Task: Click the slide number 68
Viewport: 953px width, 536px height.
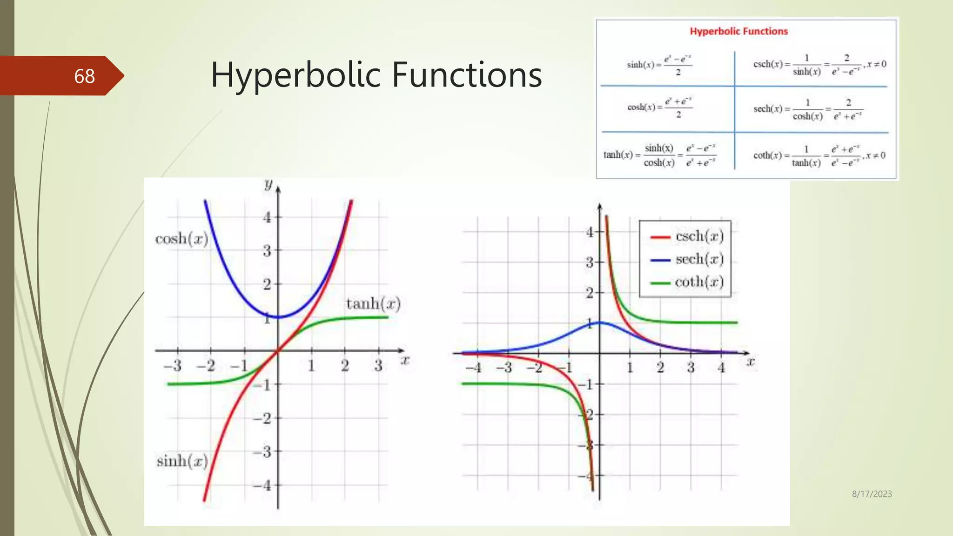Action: [x=84, y=76]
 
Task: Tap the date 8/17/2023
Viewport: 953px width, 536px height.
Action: [x=872, y=494]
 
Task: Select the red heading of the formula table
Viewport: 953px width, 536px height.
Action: [x=738, y=31]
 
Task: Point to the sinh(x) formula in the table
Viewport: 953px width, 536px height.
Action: [x=659, y=65]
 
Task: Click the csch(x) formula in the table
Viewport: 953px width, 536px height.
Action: [x=819, y=65]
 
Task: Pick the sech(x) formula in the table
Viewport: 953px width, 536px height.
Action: [x=808, y=109]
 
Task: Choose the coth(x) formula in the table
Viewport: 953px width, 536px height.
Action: [x=819, y=155]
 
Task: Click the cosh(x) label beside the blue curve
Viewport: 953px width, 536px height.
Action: [x=181, y=239]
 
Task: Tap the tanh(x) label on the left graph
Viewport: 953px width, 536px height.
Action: [x=373, y=304]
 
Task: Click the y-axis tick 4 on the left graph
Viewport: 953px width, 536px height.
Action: [x=267, y=217]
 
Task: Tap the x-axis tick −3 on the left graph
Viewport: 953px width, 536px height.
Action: [x=173, y=366]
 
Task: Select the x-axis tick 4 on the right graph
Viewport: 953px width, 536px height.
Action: [x=721, y=368]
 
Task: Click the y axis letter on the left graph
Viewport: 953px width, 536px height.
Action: [x=268, y=184]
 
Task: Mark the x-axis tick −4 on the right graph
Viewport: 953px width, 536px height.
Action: [x=474, y=368]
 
